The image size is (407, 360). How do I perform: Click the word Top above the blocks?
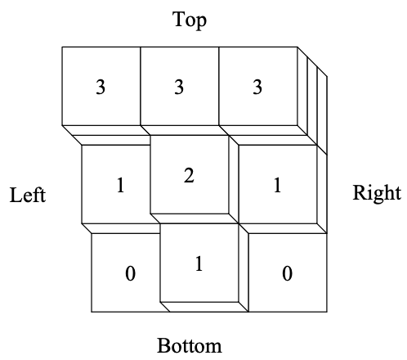190,20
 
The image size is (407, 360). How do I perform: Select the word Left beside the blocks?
28,195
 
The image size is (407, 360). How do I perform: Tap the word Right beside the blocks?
377,194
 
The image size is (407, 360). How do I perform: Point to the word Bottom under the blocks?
190,345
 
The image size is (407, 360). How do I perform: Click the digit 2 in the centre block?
189,175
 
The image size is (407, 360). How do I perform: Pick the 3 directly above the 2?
179,87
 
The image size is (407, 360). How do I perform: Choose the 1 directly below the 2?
199,263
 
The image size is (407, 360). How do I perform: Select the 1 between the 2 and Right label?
277,185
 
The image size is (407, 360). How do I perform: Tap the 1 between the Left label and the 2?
121,185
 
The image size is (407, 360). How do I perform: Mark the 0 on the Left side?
130,273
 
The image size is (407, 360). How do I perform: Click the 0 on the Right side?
287,273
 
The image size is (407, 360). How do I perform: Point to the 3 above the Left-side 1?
101,87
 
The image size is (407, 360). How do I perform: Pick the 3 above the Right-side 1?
257,87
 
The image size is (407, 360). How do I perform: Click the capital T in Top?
179,19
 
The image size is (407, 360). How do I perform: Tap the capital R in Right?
360,192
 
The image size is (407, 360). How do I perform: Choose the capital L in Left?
16,195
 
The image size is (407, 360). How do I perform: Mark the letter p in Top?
202,23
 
